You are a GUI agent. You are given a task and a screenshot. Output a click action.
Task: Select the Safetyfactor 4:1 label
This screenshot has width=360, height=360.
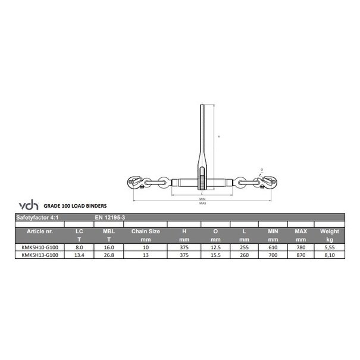tap(37, 218)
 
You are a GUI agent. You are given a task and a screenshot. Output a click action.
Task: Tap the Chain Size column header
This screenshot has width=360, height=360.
tap(145, 231)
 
